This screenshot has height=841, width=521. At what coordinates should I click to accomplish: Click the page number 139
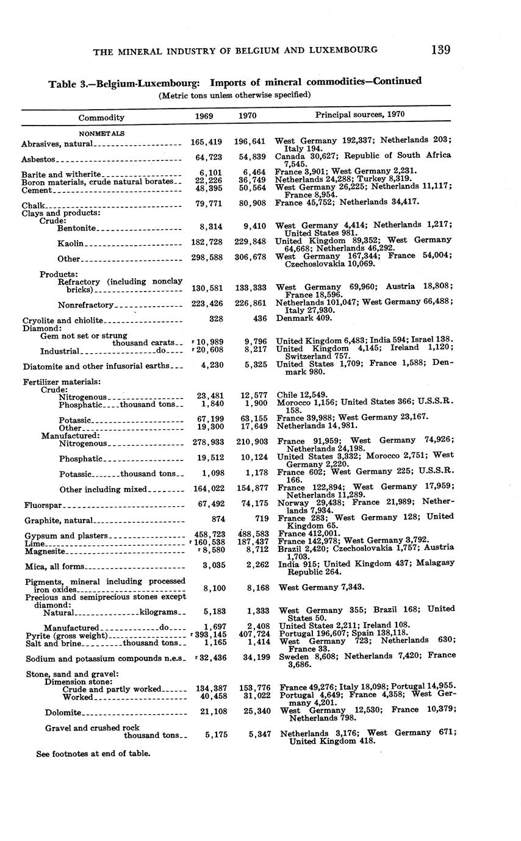point(440,49)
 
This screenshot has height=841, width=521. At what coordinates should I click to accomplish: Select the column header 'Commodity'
point(101,117)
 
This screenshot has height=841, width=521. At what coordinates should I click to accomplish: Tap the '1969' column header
point(204,115)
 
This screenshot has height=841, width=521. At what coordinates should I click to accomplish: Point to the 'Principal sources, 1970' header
point(359,114)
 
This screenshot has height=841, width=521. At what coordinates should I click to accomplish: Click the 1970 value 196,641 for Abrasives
point(250,142)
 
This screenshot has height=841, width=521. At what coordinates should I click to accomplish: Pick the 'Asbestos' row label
point(38,159)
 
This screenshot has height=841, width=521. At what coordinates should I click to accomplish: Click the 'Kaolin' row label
point(70,244)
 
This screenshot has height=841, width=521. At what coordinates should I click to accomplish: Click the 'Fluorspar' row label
point(44,505)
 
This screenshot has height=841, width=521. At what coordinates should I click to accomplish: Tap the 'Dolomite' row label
point(63,712)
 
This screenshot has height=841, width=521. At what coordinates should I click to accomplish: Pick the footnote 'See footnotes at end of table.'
point(93,753)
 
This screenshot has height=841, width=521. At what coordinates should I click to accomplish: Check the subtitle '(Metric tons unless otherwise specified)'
point(235,95)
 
